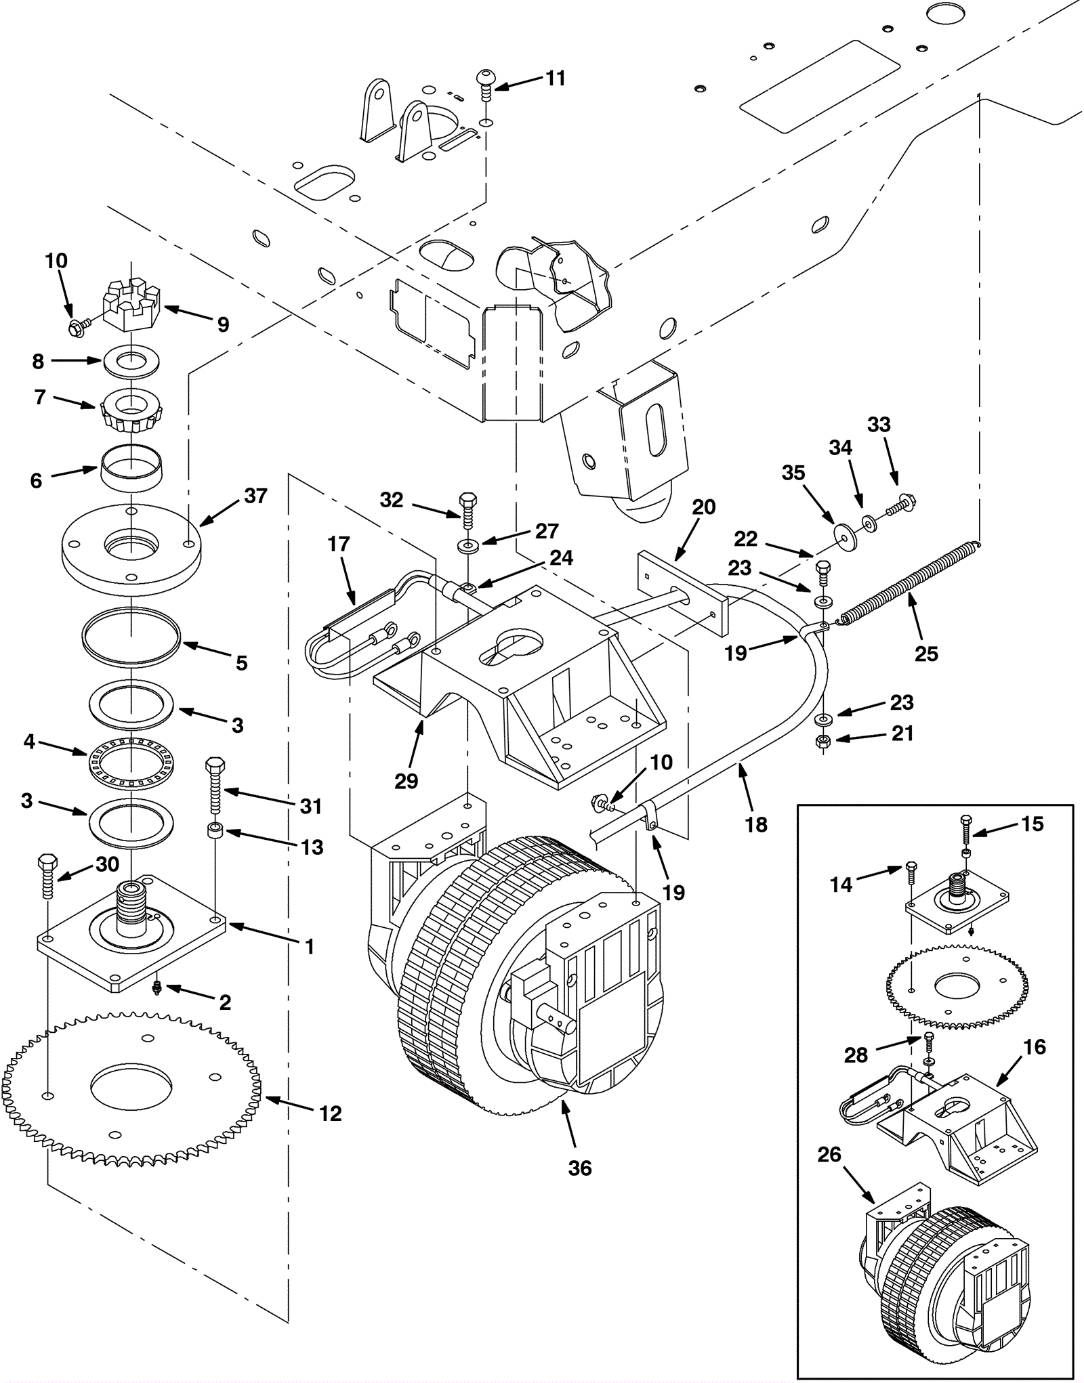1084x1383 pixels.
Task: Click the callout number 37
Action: tap(255, 496)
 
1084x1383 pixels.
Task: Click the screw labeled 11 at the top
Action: tap(487, 86)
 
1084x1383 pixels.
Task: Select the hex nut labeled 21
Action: tap(822, 741)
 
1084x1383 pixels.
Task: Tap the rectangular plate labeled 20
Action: tap(682, 589)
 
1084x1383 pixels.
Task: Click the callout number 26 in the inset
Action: tap(829, 1154)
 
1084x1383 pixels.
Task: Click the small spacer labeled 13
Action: tap(215, 831)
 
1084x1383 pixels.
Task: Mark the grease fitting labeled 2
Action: tap(157, 988)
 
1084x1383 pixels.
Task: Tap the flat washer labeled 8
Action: tap(131, 360)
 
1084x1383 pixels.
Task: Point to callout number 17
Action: tap(339, 543)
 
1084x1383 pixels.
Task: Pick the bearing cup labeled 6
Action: tap(131, 465)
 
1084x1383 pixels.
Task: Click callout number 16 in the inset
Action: tap(1035, 1046)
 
